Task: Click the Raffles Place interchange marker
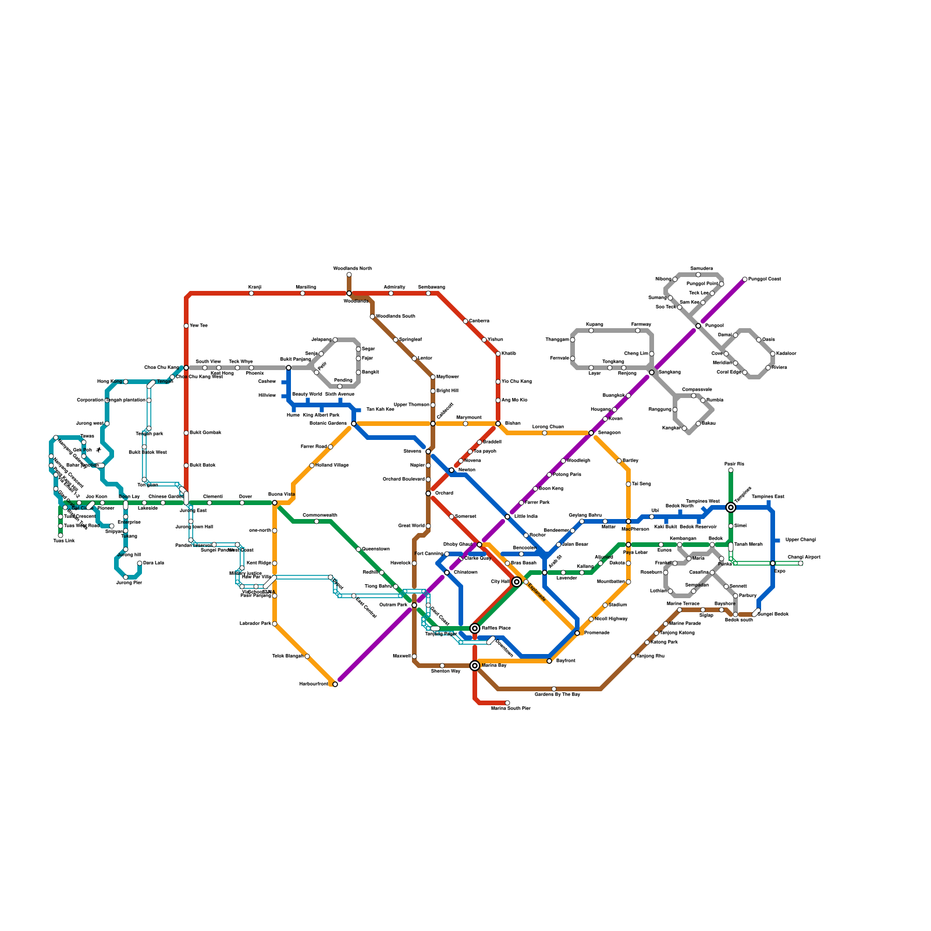[x=475, y=628]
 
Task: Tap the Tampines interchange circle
[x=731, y=507]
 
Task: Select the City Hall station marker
[x=517, y=582]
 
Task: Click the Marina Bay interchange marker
[x=475, y=666]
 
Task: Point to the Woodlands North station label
[x=352, y=268]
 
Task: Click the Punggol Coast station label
[x=765, y=279]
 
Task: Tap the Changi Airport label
[x=804, y=557]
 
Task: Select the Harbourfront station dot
[x=335, y=684]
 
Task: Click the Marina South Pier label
[x=510, y=708]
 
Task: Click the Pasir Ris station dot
[x=731, y=470]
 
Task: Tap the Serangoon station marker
[x=591, y=433]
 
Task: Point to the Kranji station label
[x=255, y=287]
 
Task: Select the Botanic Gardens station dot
[x=354, y=424]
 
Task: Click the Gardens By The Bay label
[x=557, y=694]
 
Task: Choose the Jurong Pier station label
[x=129, y=582]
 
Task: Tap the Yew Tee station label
[x=198, y=326]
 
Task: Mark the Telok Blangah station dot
[x=307, y=656]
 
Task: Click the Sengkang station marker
[x=652, y=372]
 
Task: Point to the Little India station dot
[x=507, y=517]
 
